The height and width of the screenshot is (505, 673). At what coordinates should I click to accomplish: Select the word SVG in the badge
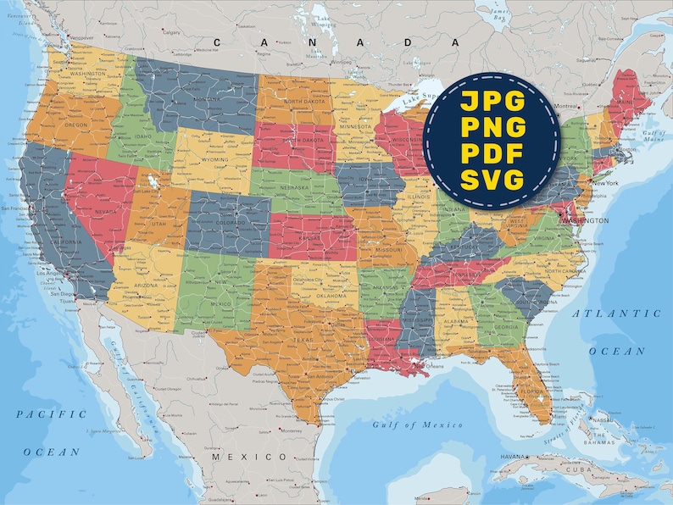tap(492, 180)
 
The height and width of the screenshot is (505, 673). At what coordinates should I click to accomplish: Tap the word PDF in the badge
tap(492, 154)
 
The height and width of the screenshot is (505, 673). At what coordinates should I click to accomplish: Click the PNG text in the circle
tap(492, 128)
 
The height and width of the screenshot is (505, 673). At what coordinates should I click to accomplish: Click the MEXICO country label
tap(239, 457)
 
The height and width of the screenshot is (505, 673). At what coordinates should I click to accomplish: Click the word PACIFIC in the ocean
tap(52, 414)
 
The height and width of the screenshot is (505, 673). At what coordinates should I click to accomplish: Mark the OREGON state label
tap(76, 125)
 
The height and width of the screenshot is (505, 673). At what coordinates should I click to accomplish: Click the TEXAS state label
tap(303, 341)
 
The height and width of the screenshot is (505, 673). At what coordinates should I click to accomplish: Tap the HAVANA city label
tap(513, 457)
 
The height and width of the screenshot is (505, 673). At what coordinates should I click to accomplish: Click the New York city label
tap(605, 183)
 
